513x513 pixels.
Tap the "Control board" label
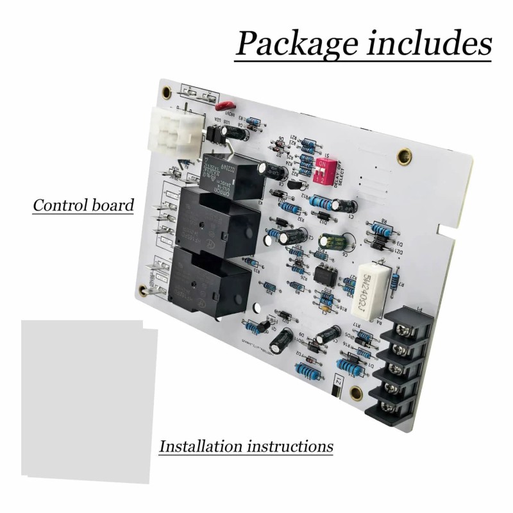pyautogui.click(x=83, y=206)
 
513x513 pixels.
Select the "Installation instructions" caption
pyautogui.click(x=246, y=446)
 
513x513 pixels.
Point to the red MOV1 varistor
pyautogui.click(x=224, y=106)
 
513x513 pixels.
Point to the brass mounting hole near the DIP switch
pyautogui.click(x=404, y=155)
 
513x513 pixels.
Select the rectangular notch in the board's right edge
pyautogui.click(x=442, y=228)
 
